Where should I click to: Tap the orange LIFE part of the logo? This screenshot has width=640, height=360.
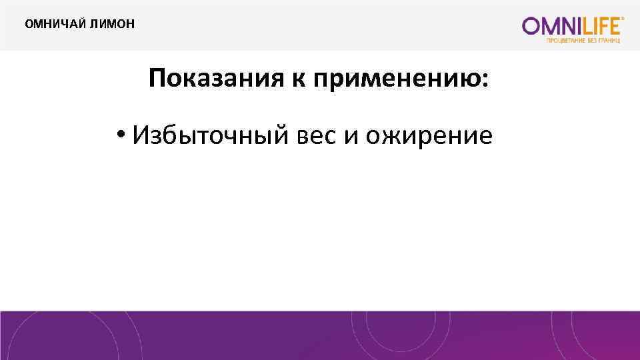(x=599, y=26)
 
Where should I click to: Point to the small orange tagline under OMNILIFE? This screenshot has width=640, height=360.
(x=584, y=40)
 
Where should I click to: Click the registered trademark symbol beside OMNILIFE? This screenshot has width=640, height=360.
(x=623, y=20)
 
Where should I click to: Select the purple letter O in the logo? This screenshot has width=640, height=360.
(x=531, y=26)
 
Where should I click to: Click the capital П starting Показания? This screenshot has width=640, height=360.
(x=157, y=81)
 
